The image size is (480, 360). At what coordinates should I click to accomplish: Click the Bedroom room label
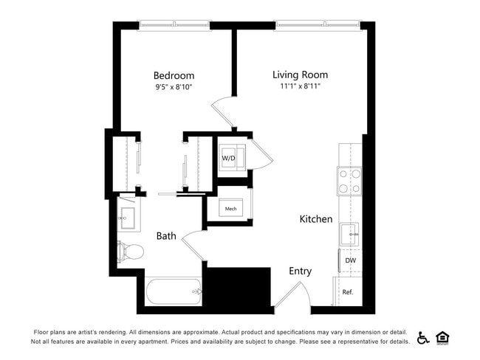(x=174, y=75)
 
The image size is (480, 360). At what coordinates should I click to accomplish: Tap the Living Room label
(x=300, y=75)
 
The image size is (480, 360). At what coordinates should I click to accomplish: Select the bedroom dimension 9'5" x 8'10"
(x=174, y=87)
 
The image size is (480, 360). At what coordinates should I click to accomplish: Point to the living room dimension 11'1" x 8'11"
(x=300, y=86)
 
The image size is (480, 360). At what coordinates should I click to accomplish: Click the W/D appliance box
(x=229, y=158)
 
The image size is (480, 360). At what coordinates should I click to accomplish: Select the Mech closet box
(x=230, y=209)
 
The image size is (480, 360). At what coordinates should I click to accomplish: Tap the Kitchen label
(x=315, y=219)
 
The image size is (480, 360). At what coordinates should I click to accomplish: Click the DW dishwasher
(x=350, y=260)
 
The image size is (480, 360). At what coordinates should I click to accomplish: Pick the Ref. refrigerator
(x=348, y=292)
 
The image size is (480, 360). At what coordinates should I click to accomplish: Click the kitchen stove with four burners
(x=349, y=181)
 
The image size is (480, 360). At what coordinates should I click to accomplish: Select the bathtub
(x=174, y=291)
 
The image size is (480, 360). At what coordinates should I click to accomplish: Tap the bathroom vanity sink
(x=126, y=218)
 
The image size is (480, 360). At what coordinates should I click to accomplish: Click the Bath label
(x=166, y=236)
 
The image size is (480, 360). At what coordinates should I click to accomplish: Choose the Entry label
(x=300, y=271)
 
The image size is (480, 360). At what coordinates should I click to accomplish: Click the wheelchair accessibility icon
(x=423, y=338)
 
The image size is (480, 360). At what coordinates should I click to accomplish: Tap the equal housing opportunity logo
(x=443, y=338)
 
